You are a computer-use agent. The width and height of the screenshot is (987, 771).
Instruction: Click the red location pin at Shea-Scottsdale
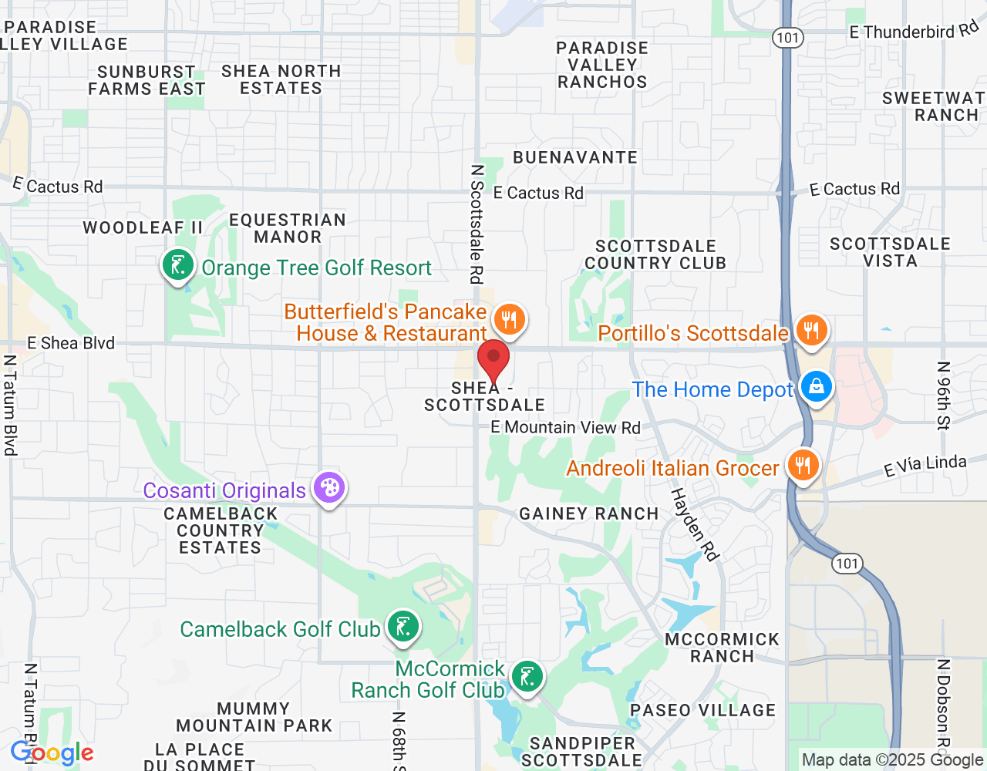(x=493, y=360)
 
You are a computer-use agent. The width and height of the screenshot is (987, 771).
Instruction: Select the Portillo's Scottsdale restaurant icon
(x=810, y=331)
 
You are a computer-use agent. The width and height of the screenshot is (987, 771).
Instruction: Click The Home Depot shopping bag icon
(x=816, y=386)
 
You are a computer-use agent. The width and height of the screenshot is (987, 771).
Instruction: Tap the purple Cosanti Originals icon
(x=329, y=488)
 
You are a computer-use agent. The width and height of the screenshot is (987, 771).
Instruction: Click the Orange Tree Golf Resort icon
(x=178, y=266)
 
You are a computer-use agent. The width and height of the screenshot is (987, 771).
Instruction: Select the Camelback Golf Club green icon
(x=403, y=627)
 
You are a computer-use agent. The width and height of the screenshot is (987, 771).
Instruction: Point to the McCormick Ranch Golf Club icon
(x=527, y=678)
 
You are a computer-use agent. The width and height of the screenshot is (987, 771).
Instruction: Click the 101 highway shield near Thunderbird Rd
(x=788, y=38)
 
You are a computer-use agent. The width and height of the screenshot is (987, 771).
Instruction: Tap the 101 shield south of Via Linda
(x=847, y=564)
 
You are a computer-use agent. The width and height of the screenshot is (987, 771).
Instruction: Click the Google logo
(x=52, y=753)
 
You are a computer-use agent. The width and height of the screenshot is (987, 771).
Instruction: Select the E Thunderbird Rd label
(x=914, y=32)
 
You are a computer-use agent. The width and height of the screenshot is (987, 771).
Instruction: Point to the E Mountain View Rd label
(x=565, y=427)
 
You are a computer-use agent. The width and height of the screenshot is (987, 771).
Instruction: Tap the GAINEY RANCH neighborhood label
(x=589, y=514)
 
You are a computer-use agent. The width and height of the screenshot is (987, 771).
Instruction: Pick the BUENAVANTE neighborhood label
(x=575, y=157)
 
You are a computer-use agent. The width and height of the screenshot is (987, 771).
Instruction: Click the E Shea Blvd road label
(x=71, y=343)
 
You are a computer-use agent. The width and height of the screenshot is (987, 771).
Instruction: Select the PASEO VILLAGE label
(x=702, y=711)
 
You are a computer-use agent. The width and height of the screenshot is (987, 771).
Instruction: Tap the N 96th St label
(x=944, y=395)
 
